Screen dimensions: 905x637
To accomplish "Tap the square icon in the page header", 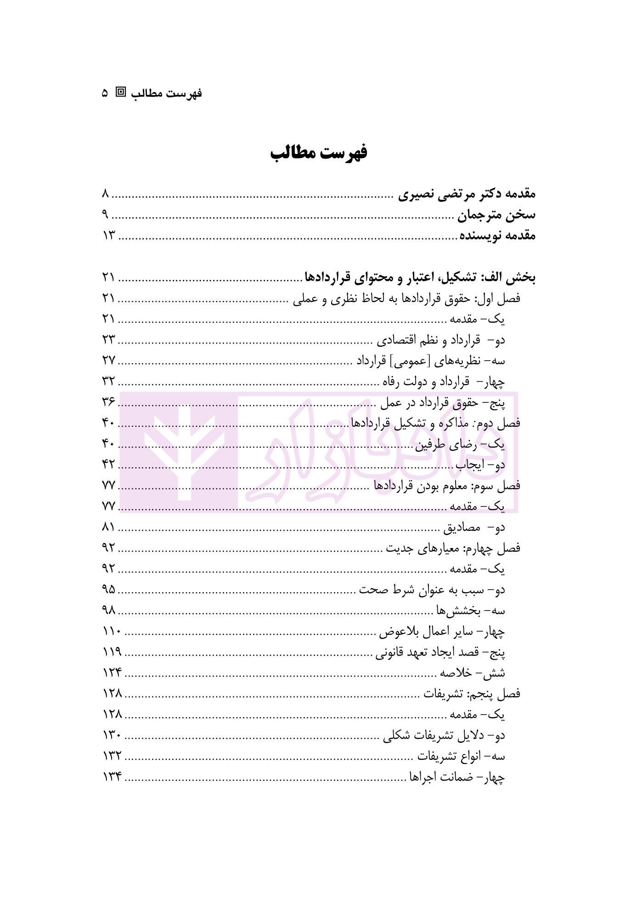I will click(x=121, y=92).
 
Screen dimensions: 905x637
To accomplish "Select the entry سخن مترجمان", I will click(x=496, y=215).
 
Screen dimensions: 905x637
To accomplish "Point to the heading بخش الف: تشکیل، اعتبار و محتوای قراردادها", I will click(x=420, y=277).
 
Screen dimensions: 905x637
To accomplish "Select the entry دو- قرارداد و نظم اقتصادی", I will click(x=441, y=340).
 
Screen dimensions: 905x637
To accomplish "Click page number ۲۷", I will click(x=108, y=361).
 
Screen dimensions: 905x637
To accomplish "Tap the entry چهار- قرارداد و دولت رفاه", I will click(x=444, y=382).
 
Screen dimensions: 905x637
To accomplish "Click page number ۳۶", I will click(x=108, y=402).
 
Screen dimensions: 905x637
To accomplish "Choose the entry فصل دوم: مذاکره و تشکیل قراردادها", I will click(x=435, y=423).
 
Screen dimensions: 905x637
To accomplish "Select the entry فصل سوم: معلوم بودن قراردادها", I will click(x=447, y=486).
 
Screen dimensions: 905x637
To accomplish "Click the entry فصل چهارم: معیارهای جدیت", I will click(x=453, y=548).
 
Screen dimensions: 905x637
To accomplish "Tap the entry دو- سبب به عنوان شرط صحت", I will click(x=432, y=590).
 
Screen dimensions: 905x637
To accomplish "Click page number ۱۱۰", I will click(x=112, y=632).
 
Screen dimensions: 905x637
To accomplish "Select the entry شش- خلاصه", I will click(x=473, y=673).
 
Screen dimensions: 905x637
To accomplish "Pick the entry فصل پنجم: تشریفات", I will click(x=472, y=694).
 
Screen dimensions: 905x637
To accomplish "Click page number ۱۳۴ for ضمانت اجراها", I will click(x=112, y=777).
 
